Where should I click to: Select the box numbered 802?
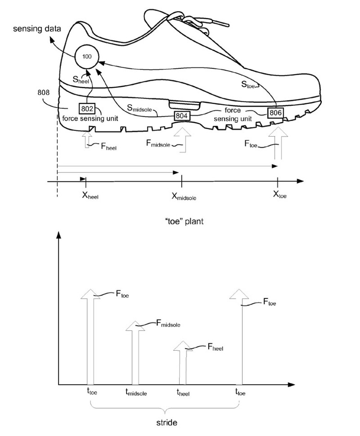87,108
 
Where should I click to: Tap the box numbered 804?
182,115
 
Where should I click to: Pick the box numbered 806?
276,113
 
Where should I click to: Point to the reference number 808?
43,92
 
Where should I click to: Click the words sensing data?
37,29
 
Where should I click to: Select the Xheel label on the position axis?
90,195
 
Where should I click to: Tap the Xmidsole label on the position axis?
184,196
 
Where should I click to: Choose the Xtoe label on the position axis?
280,194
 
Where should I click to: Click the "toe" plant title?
184,221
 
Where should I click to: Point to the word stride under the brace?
167,423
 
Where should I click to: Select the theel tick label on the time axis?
183,392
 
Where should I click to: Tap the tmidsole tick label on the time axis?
136,392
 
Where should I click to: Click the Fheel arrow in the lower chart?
183,363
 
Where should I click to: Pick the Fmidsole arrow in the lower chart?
135,353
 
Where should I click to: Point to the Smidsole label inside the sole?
139,108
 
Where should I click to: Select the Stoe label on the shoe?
248,84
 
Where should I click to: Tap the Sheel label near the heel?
81,80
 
